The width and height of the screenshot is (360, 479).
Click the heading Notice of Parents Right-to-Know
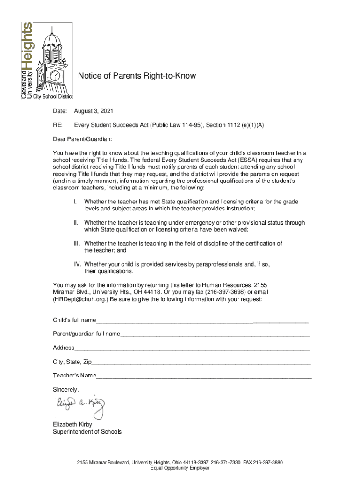[137, 76]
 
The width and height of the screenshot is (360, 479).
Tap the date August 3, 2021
[94, 111]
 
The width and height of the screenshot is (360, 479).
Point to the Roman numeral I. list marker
[75, 202]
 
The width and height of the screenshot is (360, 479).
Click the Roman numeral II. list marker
[75, 223]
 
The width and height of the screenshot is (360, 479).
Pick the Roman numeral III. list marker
[77, 244]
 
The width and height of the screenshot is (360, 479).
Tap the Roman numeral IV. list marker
[78, 264]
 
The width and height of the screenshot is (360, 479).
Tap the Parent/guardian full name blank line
[215, 335]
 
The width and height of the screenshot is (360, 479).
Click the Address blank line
[192, 349]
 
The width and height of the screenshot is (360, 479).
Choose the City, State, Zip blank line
[201, 363]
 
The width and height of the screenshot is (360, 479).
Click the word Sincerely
[65, 390]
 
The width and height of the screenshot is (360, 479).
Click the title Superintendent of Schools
[87, 432]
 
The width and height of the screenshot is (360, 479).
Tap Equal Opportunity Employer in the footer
[180, 468]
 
